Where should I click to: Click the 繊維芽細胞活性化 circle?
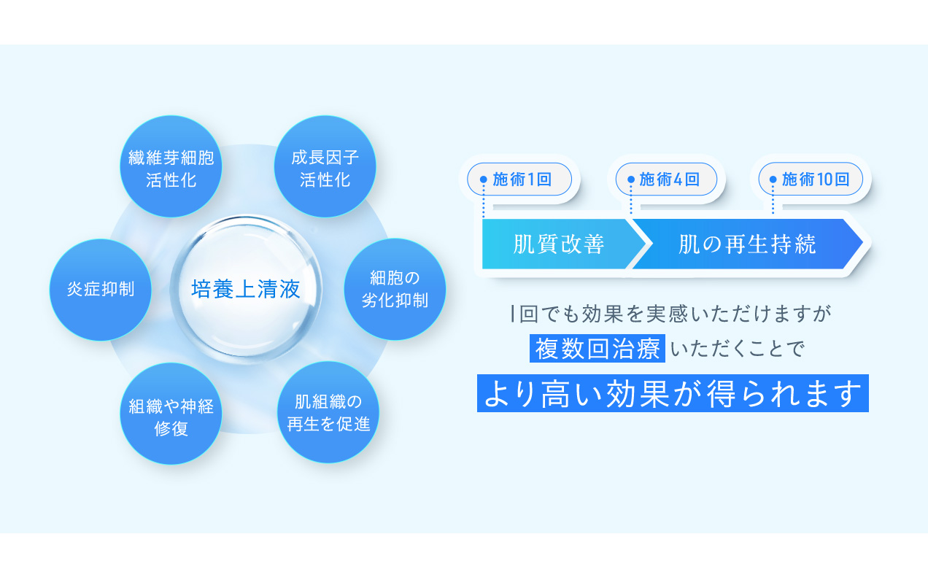(x=171, y=167)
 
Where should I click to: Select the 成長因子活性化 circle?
(x=325, y=167)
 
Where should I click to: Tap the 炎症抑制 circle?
(x=100, y=290)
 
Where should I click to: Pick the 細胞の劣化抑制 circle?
(x=395, y=289)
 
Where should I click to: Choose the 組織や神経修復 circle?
(x=171, y=414)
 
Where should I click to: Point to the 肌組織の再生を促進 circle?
(x=328, y=413)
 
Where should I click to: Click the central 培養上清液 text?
(x=246, y=290)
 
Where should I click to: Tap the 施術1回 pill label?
(x=519, y=179)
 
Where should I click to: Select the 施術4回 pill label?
(x=667, y=179)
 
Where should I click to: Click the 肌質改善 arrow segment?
(x=559, y=244)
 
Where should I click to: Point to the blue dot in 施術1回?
(x=483, y=179)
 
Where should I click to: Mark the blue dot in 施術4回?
(x=631, y=179)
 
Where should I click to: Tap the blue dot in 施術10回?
(x=773, y=179)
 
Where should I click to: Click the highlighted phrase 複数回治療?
(x=598, y=349)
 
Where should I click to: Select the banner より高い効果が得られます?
(x=673, y=393)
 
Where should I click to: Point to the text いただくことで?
(x=736, y=349)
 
